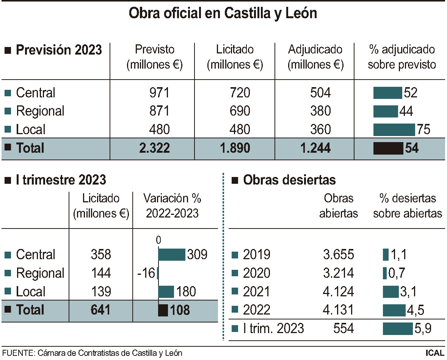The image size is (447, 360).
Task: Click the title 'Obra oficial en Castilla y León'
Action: pyautogui.click(x=223, y=14)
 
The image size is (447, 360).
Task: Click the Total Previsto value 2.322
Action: pyautogui.click(x=155, y=148)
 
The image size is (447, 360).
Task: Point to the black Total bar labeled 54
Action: pyautogui.click(x=388, y=148)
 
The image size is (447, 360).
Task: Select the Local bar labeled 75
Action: pyautogui.click(x=394, y=130)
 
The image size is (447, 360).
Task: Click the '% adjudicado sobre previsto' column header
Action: pyautogui.click(x=402, y=57)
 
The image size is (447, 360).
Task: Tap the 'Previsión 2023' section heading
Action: pyautogui.click(x=59, y=50)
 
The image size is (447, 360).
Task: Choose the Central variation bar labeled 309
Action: pyautogui.click(x=171, y=255)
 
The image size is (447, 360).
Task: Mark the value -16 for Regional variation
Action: pyautogui.click(x=146, y=273)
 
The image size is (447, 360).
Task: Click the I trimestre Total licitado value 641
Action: pyautogui.click(x=101, y=310)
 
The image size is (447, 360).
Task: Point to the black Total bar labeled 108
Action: pyautogui.click(x=163, y=310)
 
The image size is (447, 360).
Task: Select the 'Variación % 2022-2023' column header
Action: pyautogui.click(x=173, y=206)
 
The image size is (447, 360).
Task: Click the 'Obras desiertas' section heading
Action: pyautogui.click(x=289, y=180)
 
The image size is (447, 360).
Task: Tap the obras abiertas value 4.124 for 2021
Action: pyautogui.click(x=339, y=292)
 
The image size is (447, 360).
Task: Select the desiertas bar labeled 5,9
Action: pyautogui.click(x=397, y=329)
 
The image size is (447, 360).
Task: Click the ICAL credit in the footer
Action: pyautogui.click(x=435, y=353)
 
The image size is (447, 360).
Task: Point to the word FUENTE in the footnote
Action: pyautogui.click(x=18, y=353)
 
